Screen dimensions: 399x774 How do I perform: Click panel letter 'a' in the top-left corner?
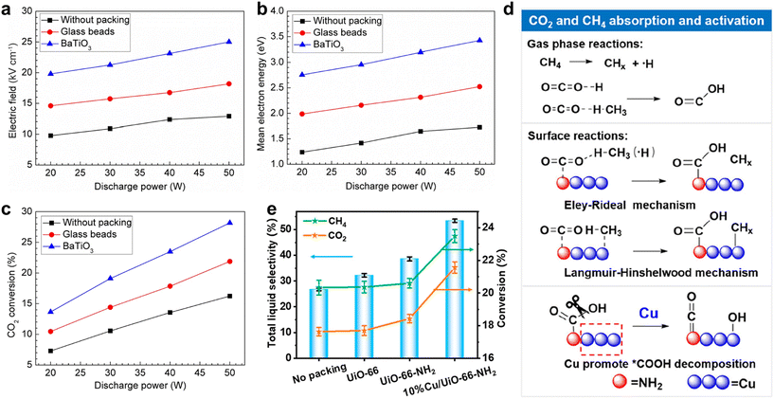click(7, 9)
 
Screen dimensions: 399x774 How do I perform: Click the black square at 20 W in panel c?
click(49, 351)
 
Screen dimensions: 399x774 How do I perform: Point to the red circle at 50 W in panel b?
click(479, 87)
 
